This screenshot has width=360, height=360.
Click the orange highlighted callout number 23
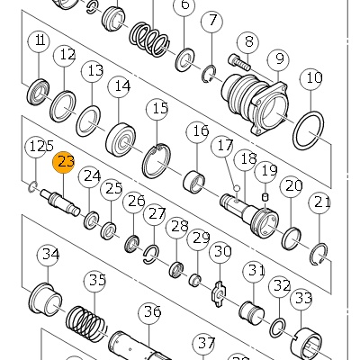coord(63,162)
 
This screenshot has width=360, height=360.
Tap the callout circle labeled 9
coord(279,59)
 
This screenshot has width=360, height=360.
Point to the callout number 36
coord(150,312)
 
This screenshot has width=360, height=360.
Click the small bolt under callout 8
coord(239,62)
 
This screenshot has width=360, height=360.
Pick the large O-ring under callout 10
coord(309,130)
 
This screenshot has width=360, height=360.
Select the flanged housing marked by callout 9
coord(256,103)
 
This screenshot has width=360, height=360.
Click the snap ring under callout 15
coord(157,160)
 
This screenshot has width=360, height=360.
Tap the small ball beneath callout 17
coord(237,188)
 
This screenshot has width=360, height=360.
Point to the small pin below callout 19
coord(265,198)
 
